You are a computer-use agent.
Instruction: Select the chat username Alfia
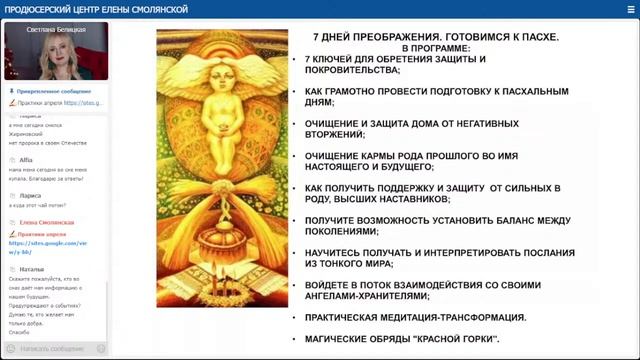[26, 158]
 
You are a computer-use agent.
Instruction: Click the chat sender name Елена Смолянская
[46, 222]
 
